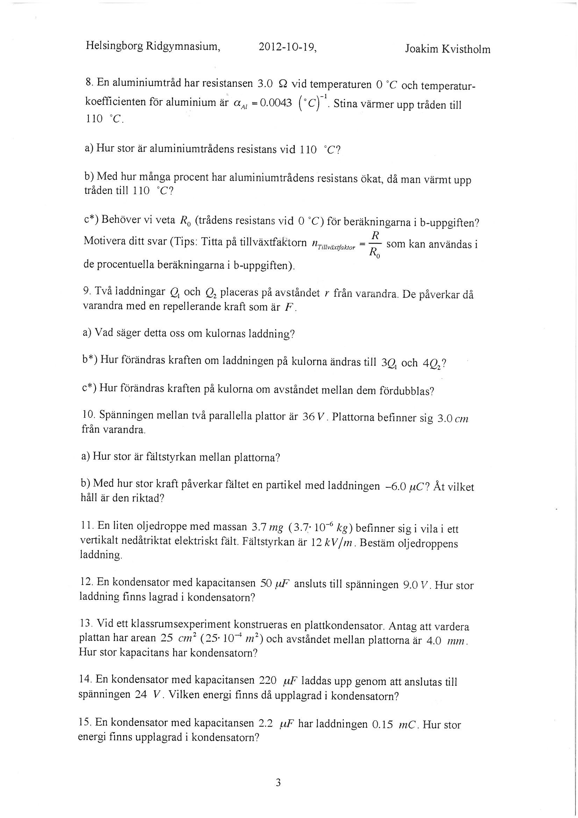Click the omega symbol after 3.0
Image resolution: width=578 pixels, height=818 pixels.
[284, 84]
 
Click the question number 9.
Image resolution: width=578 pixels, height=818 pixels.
[86, 291]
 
